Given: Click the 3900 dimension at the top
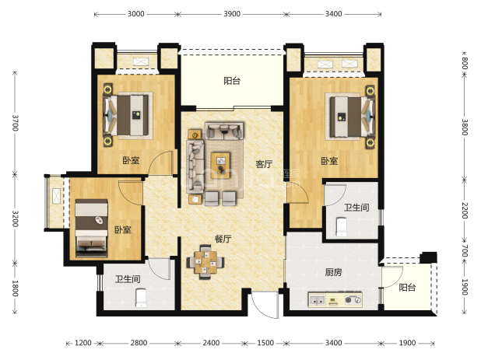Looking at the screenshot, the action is coord(232,14).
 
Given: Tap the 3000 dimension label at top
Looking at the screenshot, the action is coord(136,14).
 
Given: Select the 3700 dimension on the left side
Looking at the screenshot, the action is coord(15,123).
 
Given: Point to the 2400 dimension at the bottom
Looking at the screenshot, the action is coord(211,343).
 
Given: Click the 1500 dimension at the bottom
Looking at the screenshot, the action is coord(265,343).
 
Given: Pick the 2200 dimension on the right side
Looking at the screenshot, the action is coord(465,211).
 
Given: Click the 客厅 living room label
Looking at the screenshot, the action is coord(264,164).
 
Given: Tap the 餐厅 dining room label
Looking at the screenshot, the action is coord(223,239).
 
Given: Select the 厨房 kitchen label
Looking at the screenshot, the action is coord(333,272).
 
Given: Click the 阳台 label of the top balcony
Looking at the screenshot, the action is coord(232,81).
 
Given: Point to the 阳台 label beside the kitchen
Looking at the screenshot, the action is coord(407,288).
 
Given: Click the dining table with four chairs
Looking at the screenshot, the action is coord(205,262).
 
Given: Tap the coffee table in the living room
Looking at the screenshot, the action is coord(221,166).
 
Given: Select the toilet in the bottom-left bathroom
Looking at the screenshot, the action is coord(141,298).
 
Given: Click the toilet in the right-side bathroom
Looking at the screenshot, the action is coord(341,227).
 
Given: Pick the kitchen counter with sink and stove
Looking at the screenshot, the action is coord(335,299).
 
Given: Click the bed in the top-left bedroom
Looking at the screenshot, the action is coord(127,115).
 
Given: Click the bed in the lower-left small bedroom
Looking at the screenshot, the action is coord(91,229).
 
